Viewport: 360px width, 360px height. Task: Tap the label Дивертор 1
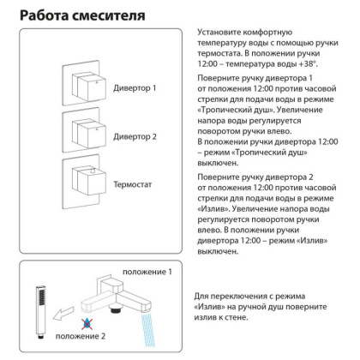(x=135, y=88)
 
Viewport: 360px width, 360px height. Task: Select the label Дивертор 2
(x=135, y=136)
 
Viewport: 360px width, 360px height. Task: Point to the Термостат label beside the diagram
(x=134, y=184)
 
